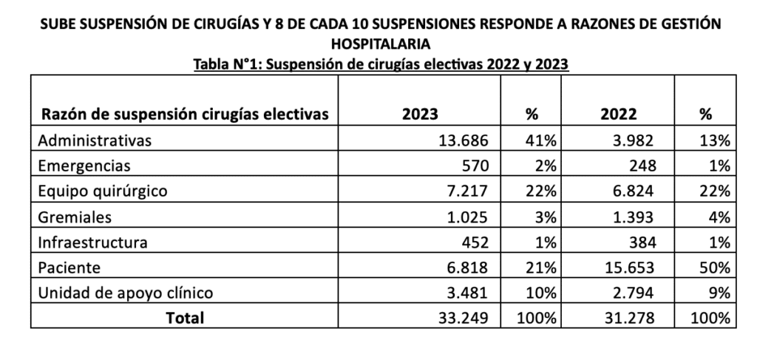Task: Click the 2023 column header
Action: (420, 115)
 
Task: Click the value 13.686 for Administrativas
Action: (463, 140)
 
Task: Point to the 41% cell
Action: (542, 140)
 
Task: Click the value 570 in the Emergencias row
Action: (472, 166)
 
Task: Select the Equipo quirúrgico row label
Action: (103, 191)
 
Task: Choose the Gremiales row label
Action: (76, 217)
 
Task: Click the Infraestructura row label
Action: (92, 242)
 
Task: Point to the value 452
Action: (473, 242)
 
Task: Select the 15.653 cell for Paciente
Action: (631, 268)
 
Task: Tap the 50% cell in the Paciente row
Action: (716, 268)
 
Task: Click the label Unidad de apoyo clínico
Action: (126, 293)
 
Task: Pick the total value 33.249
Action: (463, 318)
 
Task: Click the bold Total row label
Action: (185, 318)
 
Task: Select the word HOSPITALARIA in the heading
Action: (378, 44)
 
